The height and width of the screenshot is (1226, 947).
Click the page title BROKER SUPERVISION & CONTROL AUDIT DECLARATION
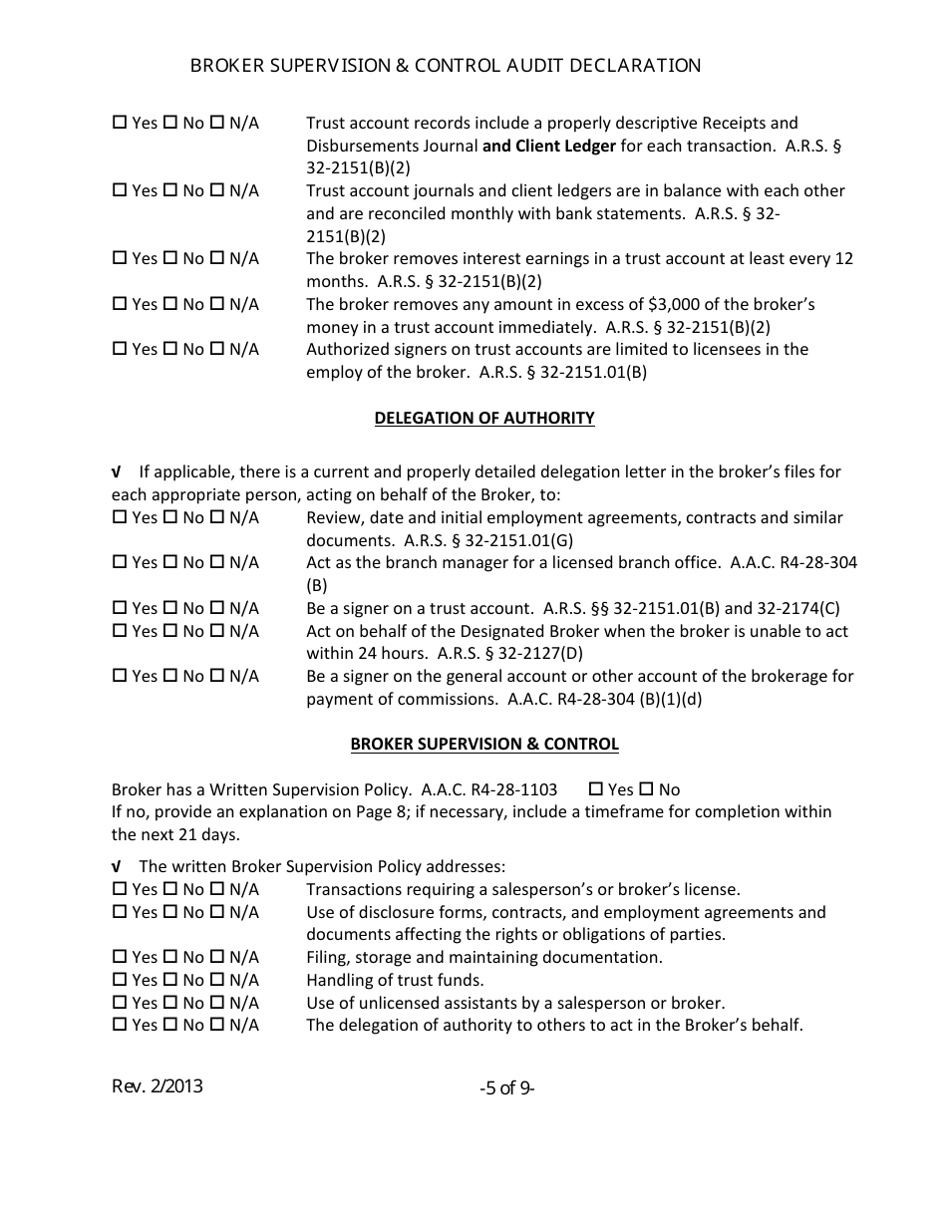[x=445, y=66]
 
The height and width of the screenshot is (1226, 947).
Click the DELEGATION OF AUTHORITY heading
[x=484, y=419]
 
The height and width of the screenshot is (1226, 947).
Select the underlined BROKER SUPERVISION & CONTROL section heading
[x=484, y=745]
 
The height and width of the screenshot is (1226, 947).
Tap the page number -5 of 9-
[x=506, y=1088]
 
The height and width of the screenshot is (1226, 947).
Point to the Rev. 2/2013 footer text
[x=158, y=1086]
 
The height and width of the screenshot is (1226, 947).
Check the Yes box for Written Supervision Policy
[x=596, y=789]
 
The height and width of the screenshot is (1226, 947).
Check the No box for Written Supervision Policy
[x=645, y=789]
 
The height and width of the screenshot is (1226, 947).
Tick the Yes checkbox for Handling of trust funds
[x=120, y=980]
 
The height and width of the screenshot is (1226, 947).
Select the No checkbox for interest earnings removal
[x=169, y=258]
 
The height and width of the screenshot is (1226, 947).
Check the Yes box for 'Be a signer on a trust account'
[x=120, y=608]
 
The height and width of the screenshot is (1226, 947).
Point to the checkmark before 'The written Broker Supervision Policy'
[x=119, y=867]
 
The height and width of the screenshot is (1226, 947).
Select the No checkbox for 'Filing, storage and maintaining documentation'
[x=169, y=957]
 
